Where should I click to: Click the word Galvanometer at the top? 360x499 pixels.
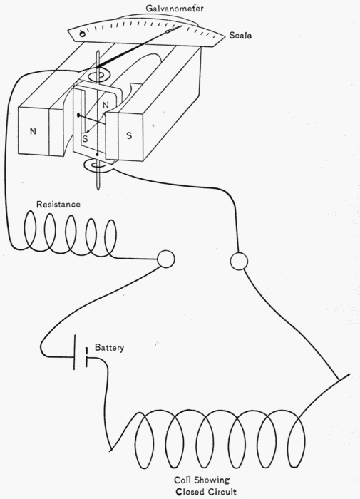(x=175, y=9)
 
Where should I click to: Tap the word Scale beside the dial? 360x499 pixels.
(x=240, y=36)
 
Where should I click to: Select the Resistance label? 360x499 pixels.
(x=58, y=205)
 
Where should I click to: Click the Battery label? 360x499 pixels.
(x=109, y=348)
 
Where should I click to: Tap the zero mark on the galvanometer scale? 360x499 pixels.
(x=82, y=34)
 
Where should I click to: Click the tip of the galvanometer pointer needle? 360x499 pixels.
(x=182, y=26)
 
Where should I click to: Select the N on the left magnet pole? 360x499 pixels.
(x=33, y=131)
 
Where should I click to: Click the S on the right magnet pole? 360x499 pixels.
(x=129, y=135)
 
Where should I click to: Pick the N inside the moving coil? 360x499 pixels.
(x=106, y=105)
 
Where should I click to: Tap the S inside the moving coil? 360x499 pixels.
(x=85, y=139)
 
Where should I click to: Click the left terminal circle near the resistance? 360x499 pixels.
(x=166, y=259)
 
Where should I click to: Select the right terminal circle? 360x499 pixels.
(x=239, y=262)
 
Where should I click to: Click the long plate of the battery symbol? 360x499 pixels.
(x=75, y=352)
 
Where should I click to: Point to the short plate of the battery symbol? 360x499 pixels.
(x=86, y=359)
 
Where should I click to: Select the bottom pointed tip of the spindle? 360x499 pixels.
(x=98, y=190)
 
